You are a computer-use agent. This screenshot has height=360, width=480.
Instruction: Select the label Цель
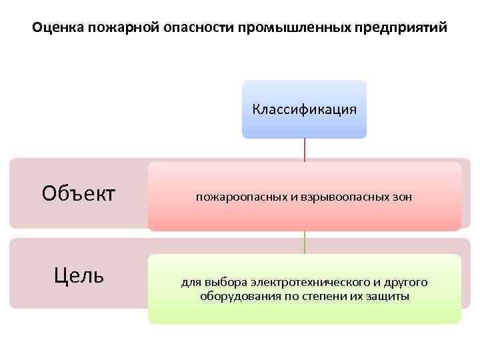point(78,274)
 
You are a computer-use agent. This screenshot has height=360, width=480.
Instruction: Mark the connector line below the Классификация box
point(305,150)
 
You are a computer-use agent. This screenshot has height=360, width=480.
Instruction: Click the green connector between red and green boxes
point(305,243)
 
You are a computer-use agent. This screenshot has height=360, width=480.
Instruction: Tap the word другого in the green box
point(406,282)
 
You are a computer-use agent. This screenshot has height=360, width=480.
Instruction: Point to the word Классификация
point(304,109)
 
